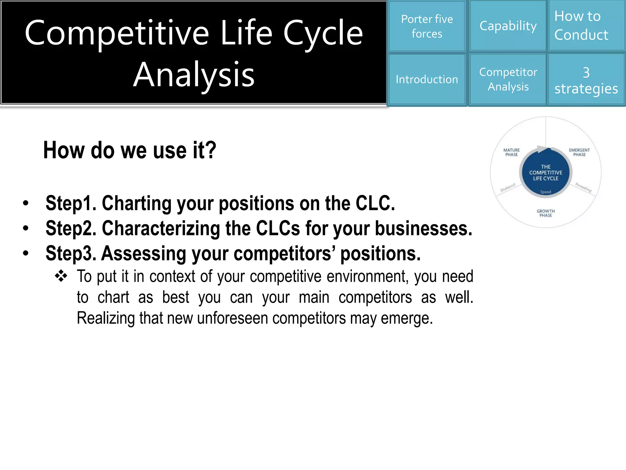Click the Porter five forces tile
(x=427, y=26)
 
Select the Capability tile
(x=508, y=26)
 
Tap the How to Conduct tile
(x=586, y=26)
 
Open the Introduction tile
(x=427, y=80)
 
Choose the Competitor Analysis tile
(x=508, y=80)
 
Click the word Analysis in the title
(x=194, y=75)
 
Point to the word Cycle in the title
(x=323, y=33)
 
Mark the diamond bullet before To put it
(x=61, y=276)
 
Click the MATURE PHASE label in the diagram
(x=511, y=152)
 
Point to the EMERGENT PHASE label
(x=579, y=152)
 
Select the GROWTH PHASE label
(x=546, y=213)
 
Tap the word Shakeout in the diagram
(x=508, y=187)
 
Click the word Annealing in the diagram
(x=583, y=187)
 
